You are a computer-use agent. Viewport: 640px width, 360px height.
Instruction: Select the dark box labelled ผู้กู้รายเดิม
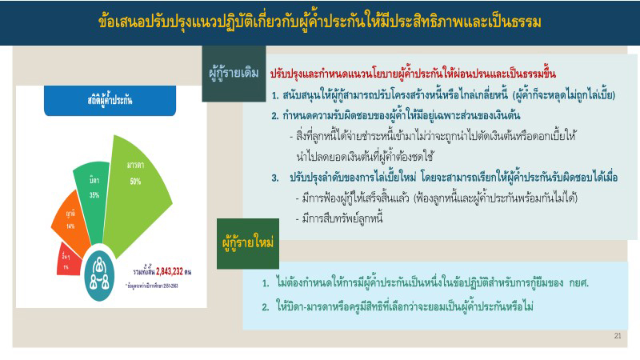coord(233,74)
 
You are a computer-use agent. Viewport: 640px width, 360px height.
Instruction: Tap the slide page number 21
coord(617,336)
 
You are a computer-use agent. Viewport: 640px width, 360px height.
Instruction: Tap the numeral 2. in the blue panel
coord(266,306)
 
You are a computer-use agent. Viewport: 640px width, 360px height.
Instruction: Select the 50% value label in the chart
coord(136,181)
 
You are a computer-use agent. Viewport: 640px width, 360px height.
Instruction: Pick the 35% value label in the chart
coord(94,194)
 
